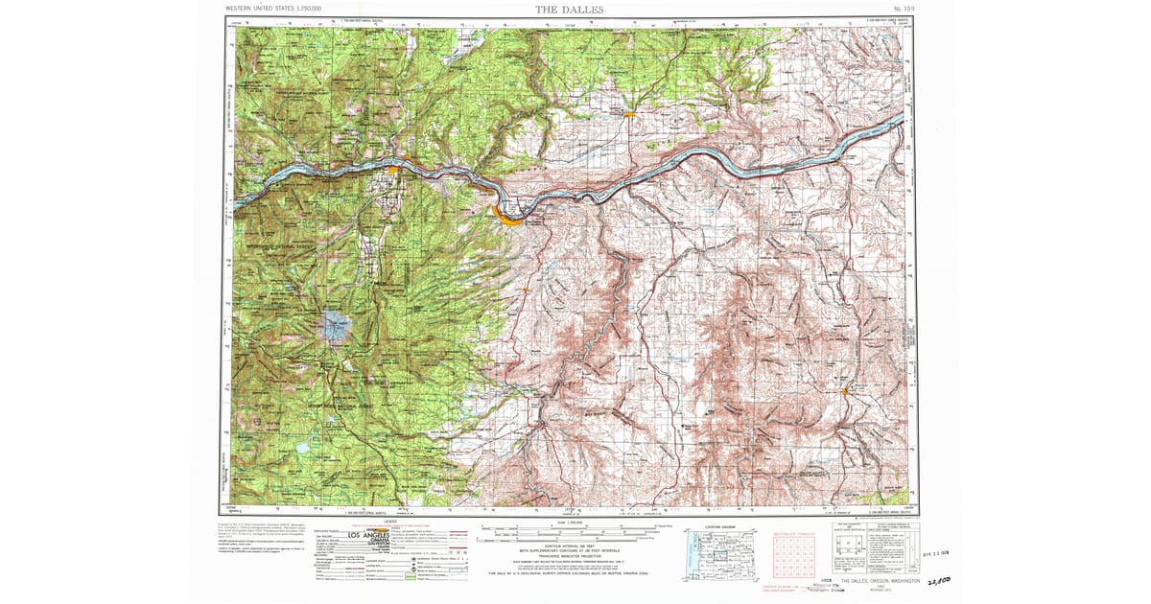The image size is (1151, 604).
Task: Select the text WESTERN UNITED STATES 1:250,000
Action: coord(273,9)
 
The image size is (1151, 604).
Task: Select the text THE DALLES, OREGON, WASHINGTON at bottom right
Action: coord(880,581)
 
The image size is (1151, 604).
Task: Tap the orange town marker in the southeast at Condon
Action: coord(844,391)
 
